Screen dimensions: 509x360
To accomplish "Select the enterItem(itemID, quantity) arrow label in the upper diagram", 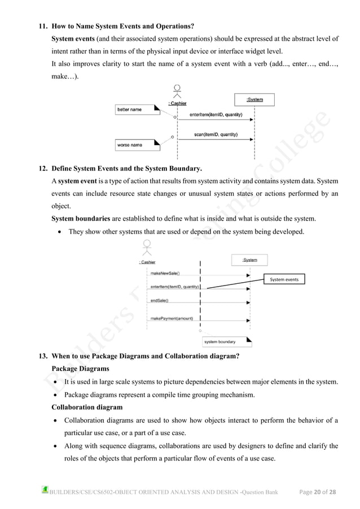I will coord(216,115).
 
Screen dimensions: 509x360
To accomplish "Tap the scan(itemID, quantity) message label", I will coord(216,135).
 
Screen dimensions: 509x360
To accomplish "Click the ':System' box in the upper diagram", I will coord(255,100).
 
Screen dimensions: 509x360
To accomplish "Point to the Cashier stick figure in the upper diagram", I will coord(177,91).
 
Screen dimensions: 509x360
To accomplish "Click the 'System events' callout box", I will coord(284,279).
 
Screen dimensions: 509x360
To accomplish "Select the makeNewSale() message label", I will coord(166,273).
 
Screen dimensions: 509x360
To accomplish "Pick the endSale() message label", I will coord(160,301).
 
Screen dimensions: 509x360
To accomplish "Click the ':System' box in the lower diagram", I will coord(250,260).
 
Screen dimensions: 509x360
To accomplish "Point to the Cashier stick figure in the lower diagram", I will coord(148,248).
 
